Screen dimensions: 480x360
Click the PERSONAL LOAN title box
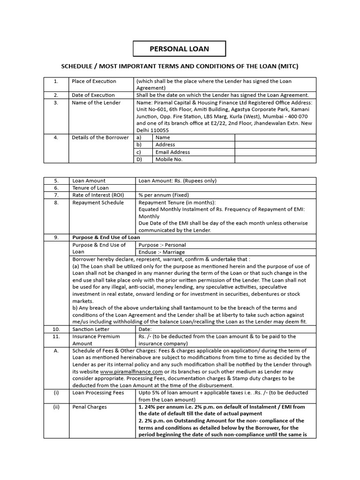179,49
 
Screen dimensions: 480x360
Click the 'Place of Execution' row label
94,81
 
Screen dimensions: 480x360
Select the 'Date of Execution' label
93,95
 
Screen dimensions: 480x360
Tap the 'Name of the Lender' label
96,103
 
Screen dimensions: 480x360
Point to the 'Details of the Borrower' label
100,137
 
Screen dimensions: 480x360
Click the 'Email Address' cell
172,152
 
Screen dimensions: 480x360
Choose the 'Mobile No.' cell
169,159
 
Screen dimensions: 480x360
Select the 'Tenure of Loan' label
90,188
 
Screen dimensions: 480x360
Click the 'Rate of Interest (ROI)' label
98,195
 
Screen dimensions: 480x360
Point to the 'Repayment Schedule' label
98,202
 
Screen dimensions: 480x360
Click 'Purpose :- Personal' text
162,245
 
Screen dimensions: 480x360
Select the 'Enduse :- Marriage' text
163,252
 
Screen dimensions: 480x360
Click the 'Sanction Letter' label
90,329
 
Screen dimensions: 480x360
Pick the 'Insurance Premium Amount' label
96,340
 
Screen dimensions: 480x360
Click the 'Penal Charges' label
89,407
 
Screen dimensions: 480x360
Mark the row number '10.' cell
56,329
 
